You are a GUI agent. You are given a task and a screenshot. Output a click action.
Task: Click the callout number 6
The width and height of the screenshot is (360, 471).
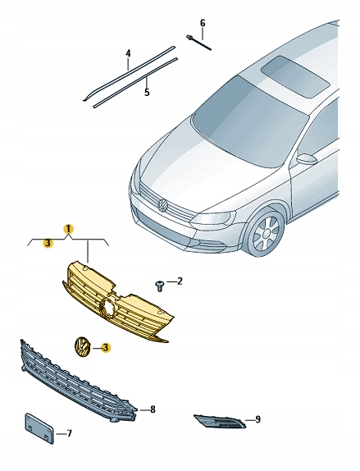tap(203, 23)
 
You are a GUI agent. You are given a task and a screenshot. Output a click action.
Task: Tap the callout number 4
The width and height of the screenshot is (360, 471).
tap(128, 54)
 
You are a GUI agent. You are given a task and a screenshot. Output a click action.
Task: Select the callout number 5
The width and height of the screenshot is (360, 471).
tap(147, 92)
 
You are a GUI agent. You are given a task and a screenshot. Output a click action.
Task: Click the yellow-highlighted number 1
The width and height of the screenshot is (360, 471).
tap(68, 229)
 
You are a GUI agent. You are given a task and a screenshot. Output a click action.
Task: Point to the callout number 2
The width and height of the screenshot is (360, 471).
tap(180, 281)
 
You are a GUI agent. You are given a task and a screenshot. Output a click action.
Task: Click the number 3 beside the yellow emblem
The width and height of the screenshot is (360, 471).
tap(105, 348)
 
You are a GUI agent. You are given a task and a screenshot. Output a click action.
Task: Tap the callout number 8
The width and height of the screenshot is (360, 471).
tap(153, 409)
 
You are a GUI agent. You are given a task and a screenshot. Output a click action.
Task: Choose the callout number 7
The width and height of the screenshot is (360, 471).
tap(69, 433)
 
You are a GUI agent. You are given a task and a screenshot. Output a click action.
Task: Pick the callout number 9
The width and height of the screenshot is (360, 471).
tap(257, 419)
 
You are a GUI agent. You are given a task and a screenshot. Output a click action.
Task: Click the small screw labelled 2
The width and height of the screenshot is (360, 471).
tap(160, 286)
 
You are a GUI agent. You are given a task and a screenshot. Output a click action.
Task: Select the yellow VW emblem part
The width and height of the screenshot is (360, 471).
tap(81, 347)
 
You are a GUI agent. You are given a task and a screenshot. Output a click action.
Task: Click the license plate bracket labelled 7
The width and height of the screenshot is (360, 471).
tap(39, 428)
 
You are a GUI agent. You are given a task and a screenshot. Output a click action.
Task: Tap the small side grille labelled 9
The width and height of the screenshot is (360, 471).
tap(220, 421)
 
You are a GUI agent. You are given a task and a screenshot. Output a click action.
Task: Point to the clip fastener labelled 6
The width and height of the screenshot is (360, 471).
tap(198, 43)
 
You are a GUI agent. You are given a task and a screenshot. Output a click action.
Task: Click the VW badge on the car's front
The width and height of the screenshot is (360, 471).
tap(163, 205)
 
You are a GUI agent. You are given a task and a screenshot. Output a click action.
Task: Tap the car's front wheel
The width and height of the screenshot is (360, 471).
tap(266, 234)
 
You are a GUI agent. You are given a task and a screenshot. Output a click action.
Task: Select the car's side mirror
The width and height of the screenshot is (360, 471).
tap(307, 158)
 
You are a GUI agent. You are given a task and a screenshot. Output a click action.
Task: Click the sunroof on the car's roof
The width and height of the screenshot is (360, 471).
tap(296, 76)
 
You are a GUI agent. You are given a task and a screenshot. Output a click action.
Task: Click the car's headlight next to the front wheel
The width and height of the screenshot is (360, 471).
tap(213, 217)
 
